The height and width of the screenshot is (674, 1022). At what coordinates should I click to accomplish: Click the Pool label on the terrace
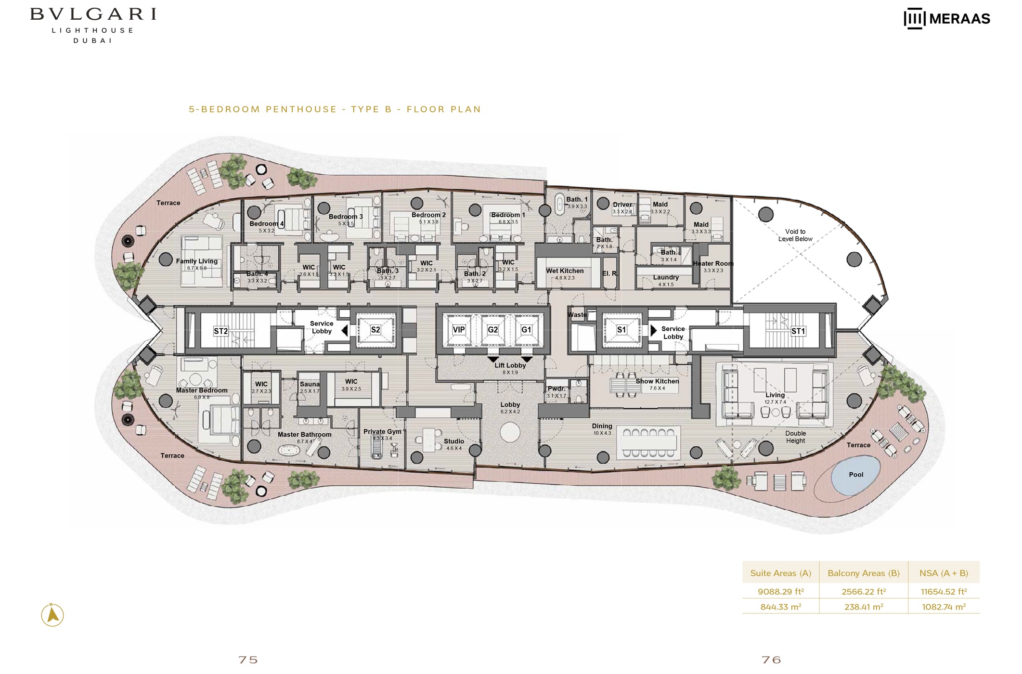(855, 475)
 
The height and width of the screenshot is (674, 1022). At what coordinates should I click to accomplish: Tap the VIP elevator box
(458, 330)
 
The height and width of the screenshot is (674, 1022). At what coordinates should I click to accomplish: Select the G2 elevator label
(492, 330)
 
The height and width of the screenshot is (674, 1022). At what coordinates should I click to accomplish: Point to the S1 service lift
(621, 330)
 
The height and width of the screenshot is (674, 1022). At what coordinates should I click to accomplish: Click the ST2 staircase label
(220, 331)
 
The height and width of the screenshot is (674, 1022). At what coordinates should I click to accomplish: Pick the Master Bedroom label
(202, 390)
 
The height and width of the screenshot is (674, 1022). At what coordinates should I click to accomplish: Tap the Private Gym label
(382, 432)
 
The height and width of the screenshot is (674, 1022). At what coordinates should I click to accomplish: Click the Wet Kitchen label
(565, 271)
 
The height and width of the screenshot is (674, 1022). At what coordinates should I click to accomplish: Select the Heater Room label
(713, 264)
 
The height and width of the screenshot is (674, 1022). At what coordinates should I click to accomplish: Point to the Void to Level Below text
(795, 235)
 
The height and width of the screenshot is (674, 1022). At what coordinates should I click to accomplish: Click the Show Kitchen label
(657, 381)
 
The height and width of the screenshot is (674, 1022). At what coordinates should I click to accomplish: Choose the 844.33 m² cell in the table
(780, 607)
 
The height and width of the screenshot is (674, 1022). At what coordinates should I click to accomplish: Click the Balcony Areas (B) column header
(863, 573)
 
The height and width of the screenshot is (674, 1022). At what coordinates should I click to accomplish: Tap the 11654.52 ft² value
(944, 592)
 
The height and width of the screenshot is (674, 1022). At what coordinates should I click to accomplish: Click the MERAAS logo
(946, 19)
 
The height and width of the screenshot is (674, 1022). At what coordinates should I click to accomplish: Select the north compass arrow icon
(52, 615)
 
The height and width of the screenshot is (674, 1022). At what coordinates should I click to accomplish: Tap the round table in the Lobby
(510, 432)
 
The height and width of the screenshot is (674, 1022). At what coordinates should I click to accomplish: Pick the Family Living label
(196, 261)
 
